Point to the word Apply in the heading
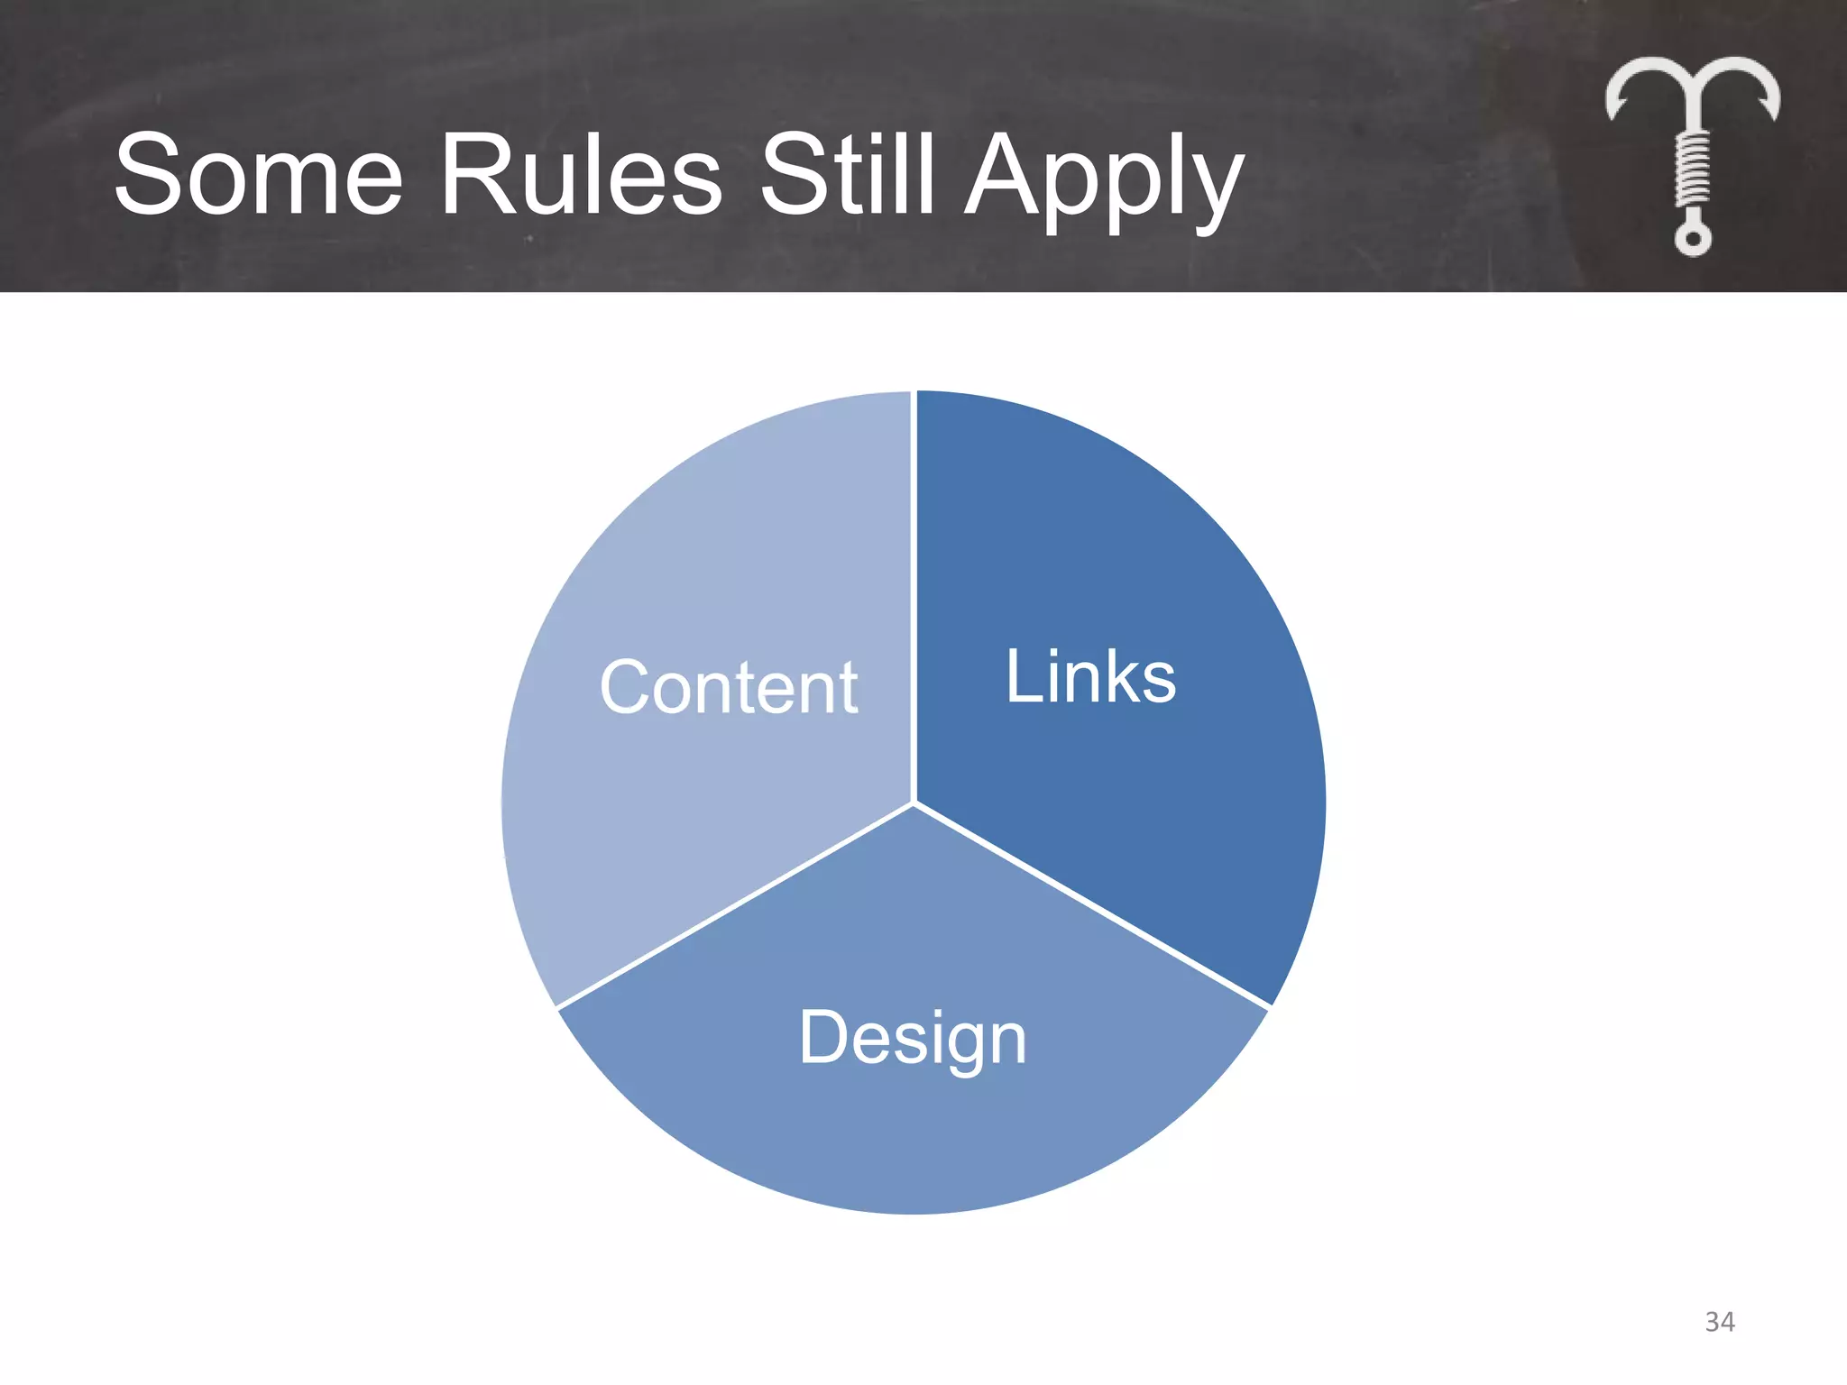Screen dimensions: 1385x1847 click(x=1104, y=180)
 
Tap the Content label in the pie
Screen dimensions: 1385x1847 click(x=729, y=687)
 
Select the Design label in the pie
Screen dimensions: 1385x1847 click(x=913, y=1038)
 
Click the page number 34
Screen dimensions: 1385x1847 click(x=1719, y=1322)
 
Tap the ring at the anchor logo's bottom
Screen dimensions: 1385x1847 click(x=1693, y=239)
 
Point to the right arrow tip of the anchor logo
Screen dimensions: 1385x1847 click(x=1769, y=109)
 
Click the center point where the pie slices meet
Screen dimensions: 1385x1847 click(x=914, y=803)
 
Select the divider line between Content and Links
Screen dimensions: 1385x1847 click(x=914, y=595)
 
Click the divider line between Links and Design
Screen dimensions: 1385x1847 click(x=1091, y=904)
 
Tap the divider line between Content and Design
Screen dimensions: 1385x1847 click(x=735, y=905)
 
